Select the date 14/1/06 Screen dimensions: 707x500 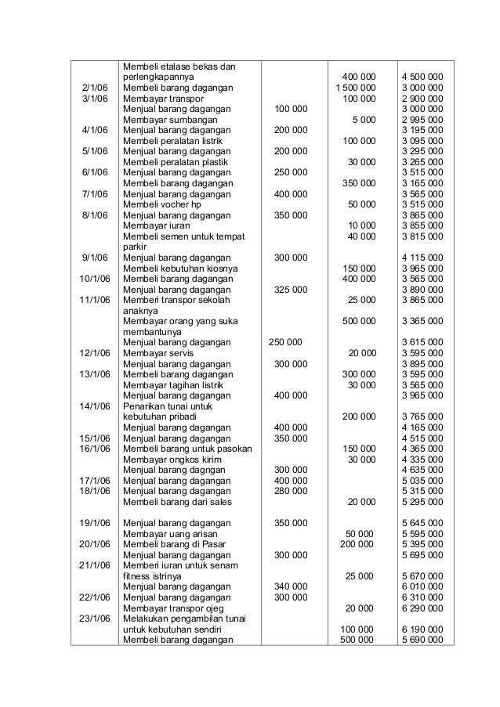coord(92,406)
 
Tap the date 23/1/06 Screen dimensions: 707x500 coord(92,618)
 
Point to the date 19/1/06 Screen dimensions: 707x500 coord(92,522)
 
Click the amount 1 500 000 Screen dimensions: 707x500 coord(356,88)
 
